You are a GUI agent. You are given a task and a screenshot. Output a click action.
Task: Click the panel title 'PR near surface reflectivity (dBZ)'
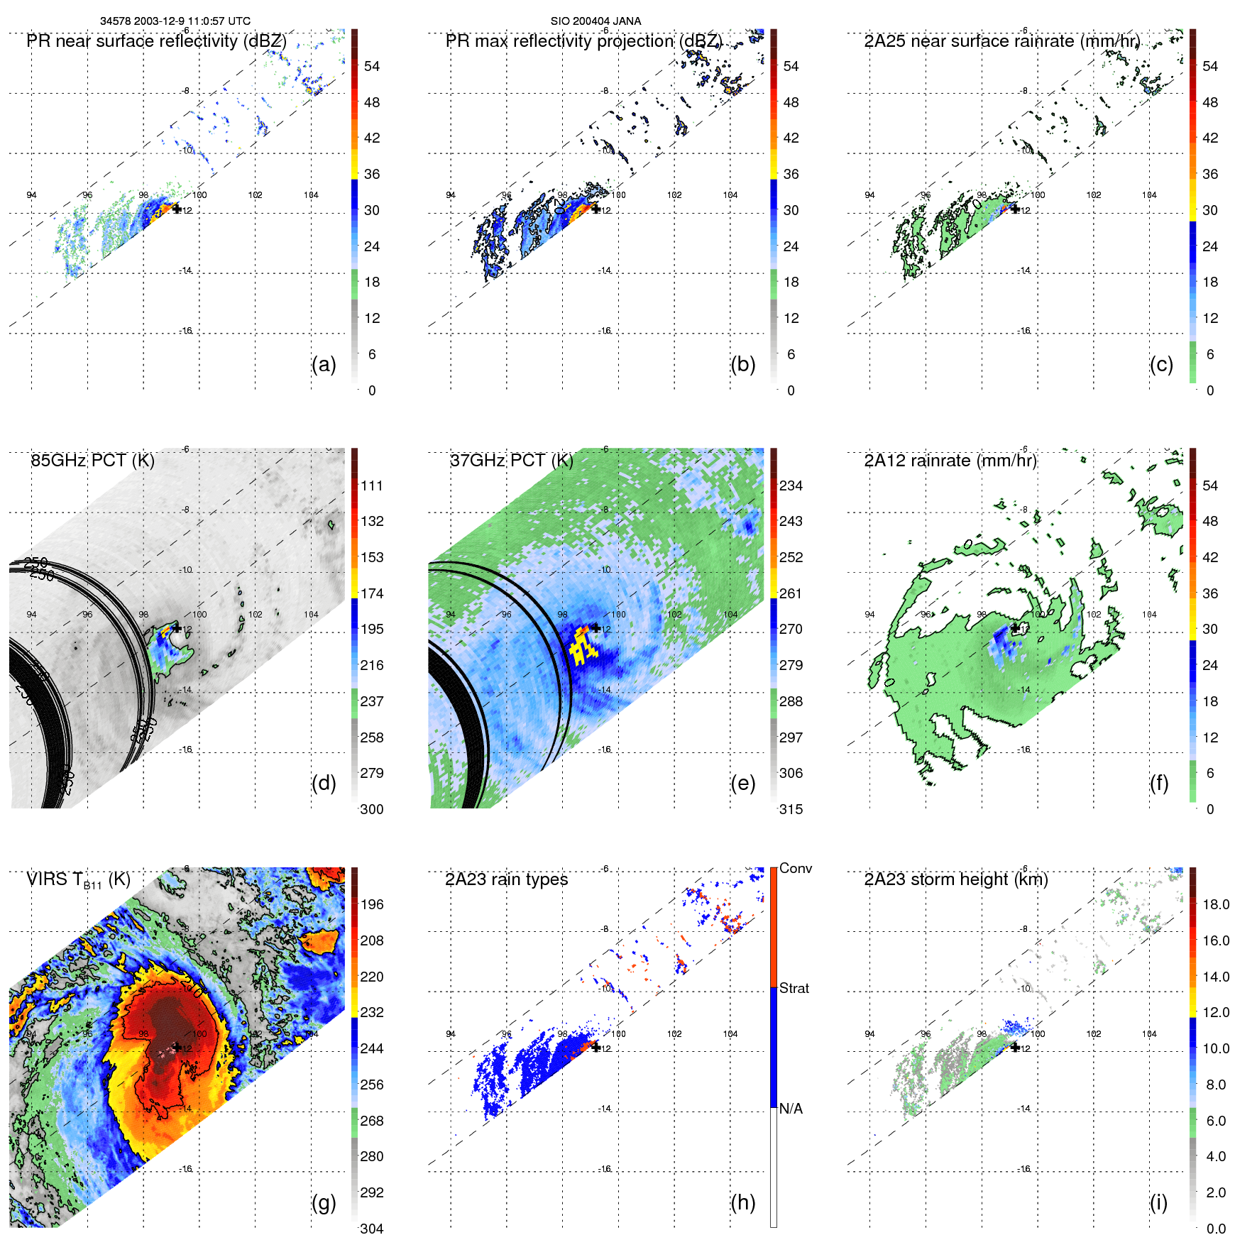coord(156,41)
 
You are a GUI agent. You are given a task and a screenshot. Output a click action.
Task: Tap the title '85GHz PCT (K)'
coord(92,461)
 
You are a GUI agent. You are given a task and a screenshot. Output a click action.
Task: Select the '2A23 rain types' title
coord(506,879)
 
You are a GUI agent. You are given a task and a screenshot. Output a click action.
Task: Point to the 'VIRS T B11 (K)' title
coord(78,880)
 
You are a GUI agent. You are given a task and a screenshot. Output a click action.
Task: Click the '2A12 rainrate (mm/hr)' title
coord(950,461)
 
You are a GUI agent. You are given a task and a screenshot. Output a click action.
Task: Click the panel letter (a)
coord(324,365)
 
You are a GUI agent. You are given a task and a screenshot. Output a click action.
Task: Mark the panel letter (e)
coord(742,784)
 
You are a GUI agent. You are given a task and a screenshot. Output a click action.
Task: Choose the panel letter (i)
coord(1158,1202)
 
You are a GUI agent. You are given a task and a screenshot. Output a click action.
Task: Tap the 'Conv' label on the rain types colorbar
coord(795,868)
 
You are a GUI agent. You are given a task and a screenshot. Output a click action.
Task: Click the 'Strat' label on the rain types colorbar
coord(794,988)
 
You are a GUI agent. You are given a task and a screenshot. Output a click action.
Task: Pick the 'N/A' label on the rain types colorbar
coord(791,1109)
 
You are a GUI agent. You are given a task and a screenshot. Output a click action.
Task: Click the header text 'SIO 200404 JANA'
coord(595,21)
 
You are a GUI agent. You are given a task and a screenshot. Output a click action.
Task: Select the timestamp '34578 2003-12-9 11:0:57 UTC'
coord(175,21)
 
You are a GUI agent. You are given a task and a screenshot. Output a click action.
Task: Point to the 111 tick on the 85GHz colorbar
coord(372,485)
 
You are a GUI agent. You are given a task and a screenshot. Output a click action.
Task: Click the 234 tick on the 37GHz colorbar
coord(791,485)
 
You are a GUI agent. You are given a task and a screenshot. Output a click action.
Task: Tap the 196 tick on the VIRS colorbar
coord(372,904)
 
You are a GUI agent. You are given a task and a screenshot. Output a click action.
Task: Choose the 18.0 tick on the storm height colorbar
coord(1216,904)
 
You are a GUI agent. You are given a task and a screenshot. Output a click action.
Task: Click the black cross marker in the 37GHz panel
coord(596,628)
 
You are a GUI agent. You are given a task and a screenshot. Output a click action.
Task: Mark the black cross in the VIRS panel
coord(177,1047)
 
